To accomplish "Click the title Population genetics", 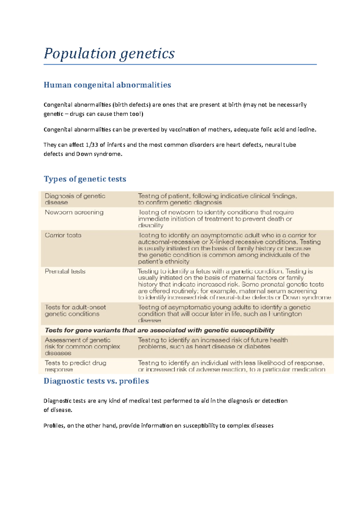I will tap(109, 54).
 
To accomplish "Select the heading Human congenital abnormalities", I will tap(107, 85).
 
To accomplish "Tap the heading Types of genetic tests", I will tap(85, 179).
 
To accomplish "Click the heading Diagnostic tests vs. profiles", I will tap(96, 381).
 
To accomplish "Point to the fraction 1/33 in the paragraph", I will tap(92, 145).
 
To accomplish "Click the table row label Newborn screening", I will tap(74, 212).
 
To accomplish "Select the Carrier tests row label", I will tap(63, 235).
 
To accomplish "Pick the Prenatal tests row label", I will tap(65, 271).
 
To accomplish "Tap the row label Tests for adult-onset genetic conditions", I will tap(75, 311).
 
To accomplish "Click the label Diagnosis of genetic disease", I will tap(75, 199).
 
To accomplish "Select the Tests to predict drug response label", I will tap(75, 366).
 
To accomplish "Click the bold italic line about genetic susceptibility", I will tap(159, 330).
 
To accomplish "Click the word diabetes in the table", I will tap(257, 347).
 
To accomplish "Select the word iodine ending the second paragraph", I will tap(307, 130).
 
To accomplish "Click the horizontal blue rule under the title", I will tap(180, 64).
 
